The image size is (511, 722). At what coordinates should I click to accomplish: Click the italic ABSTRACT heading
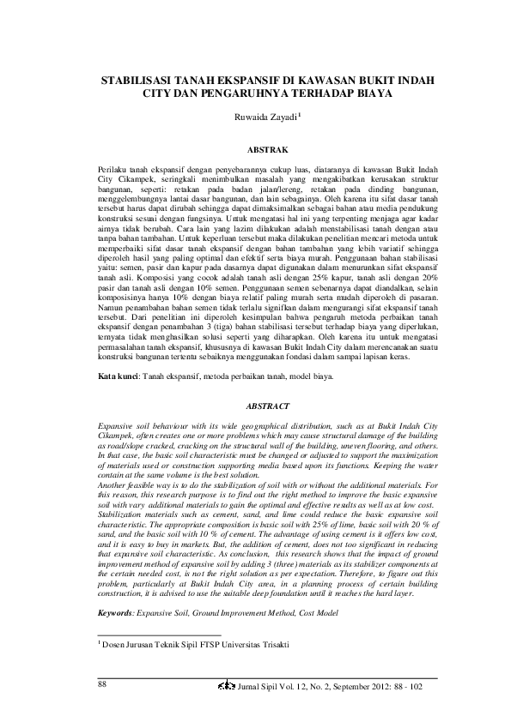click(x=256, y=406)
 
